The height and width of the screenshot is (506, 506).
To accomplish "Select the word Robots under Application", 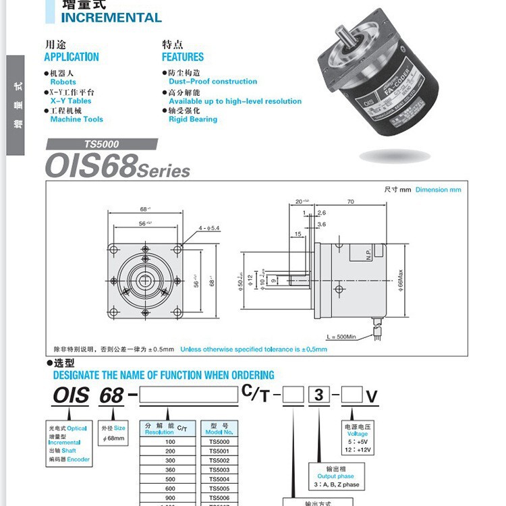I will [63, 82].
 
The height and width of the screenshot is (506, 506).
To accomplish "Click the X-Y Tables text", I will [71, 101].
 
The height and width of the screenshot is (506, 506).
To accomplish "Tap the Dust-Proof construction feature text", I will [213, 82].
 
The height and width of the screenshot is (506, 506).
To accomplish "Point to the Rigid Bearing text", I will [193, 119].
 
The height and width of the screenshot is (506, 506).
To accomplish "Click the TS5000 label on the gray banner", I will [102, 144].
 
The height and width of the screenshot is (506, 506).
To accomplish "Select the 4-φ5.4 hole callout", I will [210, 228].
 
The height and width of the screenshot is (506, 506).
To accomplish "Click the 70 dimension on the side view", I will [350, 201].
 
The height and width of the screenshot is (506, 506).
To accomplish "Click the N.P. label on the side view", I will [369, 254].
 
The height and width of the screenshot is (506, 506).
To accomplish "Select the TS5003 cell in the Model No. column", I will [219, 470].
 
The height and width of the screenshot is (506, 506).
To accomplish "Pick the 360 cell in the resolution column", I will [169, 470].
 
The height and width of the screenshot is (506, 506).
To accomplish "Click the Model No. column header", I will [219, 428].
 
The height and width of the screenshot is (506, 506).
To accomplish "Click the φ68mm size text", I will [113, 439].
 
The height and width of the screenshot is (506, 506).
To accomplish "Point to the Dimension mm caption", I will [438, 190].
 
